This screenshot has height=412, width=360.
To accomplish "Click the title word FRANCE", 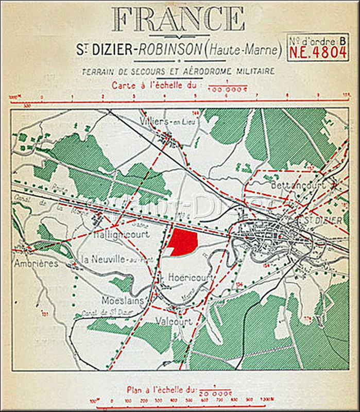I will pos(178,19).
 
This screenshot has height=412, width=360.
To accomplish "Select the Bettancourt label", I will pos(290,184).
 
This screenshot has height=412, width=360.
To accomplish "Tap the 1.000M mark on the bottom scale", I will pos(266,400).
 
